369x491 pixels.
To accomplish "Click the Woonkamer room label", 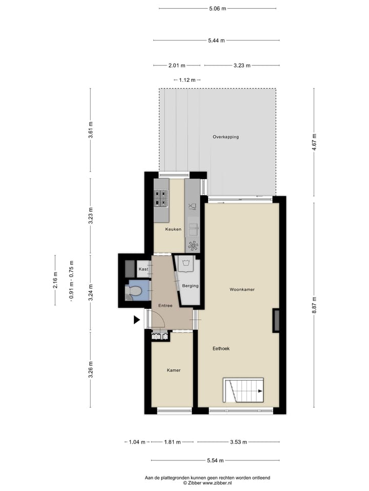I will pos(242,289).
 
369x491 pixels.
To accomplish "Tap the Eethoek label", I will pos(221,348).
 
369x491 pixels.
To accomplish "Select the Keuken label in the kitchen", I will pos(173,229).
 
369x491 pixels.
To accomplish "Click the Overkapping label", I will pos(225,137).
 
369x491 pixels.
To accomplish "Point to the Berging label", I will pos(190,286).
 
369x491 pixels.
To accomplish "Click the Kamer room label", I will pos(173,370).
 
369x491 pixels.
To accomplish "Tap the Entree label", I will pos(165,305).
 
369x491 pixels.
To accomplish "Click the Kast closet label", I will pos(143,269).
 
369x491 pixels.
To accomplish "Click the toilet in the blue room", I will pos(134,292).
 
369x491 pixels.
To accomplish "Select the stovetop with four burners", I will pos(161,198).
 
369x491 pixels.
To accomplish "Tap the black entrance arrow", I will pos(136,320).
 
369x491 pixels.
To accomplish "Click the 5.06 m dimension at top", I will pos(217,9).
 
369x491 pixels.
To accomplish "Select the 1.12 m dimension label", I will pos(187,80).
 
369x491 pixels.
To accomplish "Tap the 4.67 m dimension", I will pos(314,141).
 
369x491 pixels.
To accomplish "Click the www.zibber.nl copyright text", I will pos(208,482).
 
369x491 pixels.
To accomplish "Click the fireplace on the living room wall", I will pos(276,321).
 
